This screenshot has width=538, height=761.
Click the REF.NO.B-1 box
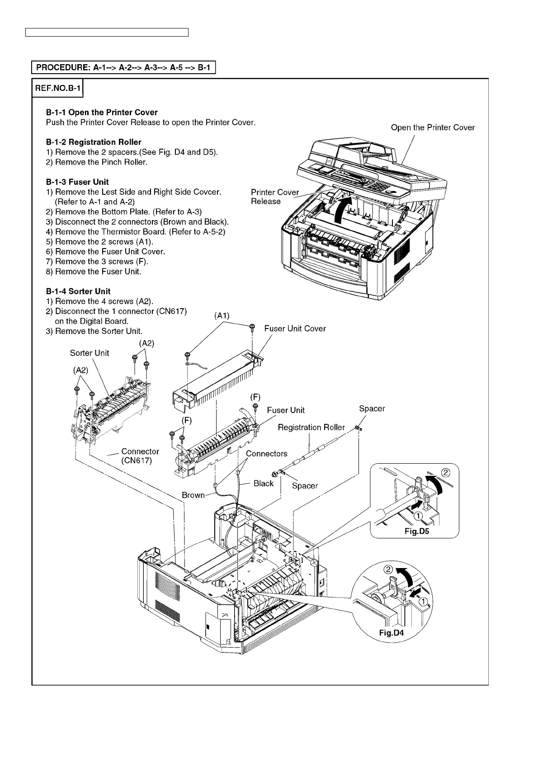point(57,89)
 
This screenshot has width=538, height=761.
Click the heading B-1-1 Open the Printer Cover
point(102,112)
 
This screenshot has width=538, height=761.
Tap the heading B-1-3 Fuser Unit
point(77,182)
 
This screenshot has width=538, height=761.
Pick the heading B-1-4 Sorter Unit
point(78,291)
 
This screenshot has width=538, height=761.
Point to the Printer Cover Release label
point(275,197)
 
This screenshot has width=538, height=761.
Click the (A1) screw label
point(222,316)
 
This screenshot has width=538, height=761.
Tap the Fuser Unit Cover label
point(295,329)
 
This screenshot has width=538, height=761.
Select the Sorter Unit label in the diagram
point(90,353)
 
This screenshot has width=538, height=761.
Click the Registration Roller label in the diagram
point(311,427)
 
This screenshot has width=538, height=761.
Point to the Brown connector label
point(193,495)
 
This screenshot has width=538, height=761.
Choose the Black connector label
point(264,483)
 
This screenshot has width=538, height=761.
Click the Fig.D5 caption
point(416,531)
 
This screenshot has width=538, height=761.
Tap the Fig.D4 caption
point(391,633)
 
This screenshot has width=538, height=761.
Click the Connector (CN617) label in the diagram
point(140,456)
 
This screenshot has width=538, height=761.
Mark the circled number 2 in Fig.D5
point(445,473)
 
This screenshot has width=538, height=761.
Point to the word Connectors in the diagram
point(266,453)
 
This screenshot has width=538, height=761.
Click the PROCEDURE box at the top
point(123,68)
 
